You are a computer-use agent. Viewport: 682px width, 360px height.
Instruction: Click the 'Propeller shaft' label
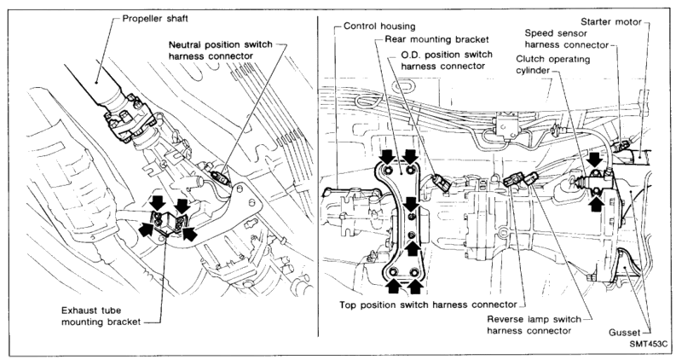155,19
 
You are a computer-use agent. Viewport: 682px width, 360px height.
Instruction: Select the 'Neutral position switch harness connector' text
220,50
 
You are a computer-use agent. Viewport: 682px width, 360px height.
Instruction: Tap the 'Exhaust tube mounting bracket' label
101,316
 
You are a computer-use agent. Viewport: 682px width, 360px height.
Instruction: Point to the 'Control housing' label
379,26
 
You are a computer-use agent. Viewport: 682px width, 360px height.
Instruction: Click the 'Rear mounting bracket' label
436,39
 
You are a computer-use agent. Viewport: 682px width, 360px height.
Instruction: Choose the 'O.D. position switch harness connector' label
446,60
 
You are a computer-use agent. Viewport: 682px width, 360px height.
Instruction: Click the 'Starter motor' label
611,22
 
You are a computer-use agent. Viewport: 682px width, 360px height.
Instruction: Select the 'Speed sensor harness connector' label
566,38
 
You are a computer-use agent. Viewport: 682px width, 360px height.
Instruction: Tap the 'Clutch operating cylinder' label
552,65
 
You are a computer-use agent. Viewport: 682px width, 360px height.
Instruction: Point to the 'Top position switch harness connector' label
428,305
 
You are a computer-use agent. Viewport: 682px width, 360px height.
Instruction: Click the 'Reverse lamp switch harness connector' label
534,325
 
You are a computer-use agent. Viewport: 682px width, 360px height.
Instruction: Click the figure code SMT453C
648,344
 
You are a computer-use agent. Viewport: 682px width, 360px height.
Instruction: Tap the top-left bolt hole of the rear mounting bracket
389,170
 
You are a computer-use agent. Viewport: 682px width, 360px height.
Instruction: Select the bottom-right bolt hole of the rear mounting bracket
414,273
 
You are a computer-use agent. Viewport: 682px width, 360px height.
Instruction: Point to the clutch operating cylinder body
598,182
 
